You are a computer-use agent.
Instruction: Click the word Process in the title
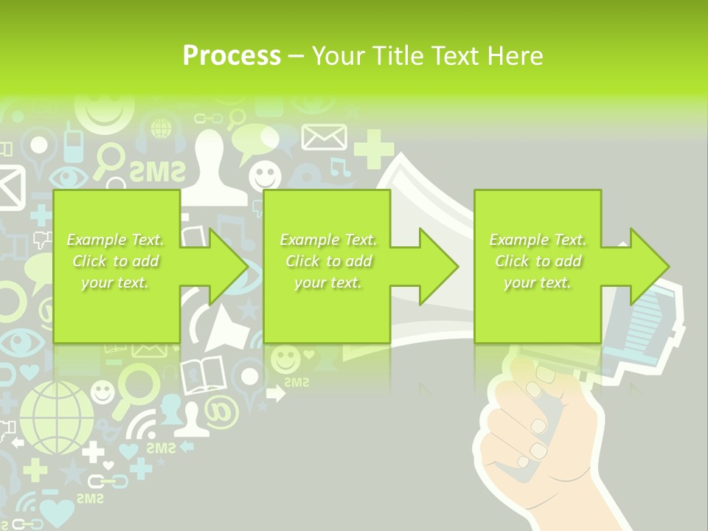232,56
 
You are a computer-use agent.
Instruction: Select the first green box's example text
115,261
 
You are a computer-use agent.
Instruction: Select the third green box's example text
538,261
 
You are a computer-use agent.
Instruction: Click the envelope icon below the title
324,137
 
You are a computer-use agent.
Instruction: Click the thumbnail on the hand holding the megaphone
544,373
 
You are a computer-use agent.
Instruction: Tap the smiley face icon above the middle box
265,176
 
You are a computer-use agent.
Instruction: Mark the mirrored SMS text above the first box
157,172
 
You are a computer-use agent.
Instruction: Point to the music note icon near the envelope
340,167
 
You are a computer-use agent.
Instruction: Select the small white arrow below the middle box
275,395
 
